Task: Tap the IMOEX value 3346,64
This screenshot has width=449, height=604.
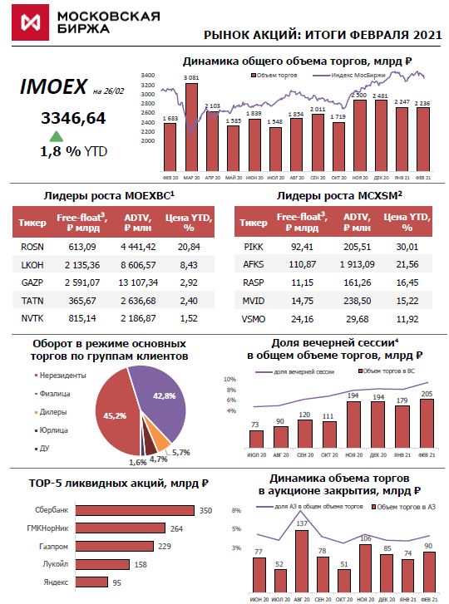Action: pyautogui.click(x=73, y=118)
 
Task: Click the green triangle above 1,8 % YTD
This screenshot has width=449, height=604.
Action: pyautogui.click(x=57, y=136)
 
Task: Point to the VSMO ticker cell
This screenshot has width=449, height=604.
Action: pyautogui.click(x=253, y=318)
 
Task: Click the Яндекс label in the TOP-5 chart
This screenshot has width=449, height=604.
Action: pyautogui.click(x=56, y=582)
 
